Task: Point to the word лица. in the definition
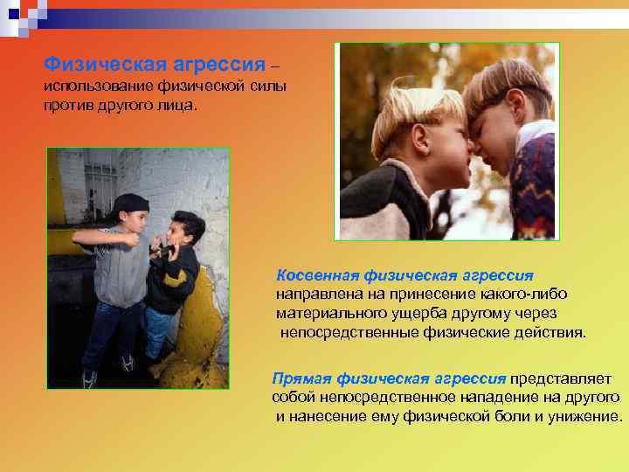[179, 106]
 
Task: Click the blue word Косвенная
[312, 275]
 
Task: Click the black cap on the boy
[131, 205]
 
